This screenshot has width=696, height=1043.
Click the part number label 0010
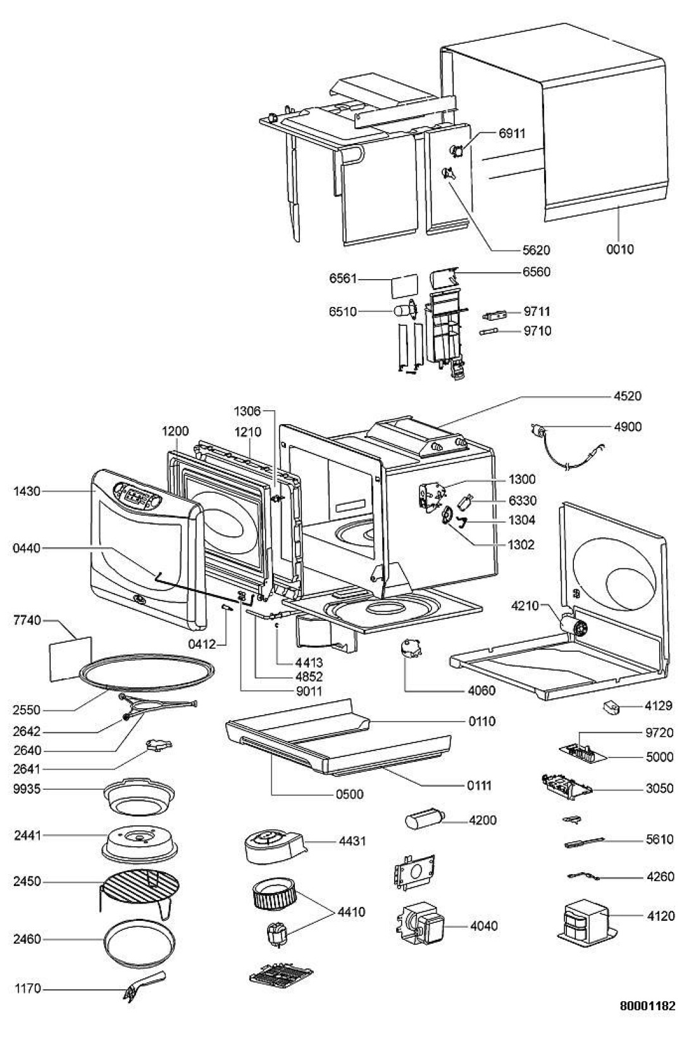(x=619, y=249)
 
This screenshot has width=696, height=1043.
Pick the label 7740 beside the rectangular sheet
(x=27, y=620)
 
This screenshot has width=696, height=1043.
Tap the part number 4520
(x=627, y=396)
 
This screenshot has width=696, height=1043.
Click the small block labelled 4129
(x=612, y=707)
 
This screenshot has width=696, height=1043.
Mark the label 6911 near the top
(x=512, y=133)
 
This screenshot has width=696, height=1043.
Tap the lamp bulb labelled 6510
(x=402, y=311)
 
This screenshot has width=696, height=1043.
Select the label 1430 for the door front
(x=27, y=490)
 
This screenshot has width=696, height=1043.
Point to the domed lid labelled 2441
(x=140, y=839)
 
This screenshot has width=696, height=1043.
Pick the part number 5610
(x=660, y=840)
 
